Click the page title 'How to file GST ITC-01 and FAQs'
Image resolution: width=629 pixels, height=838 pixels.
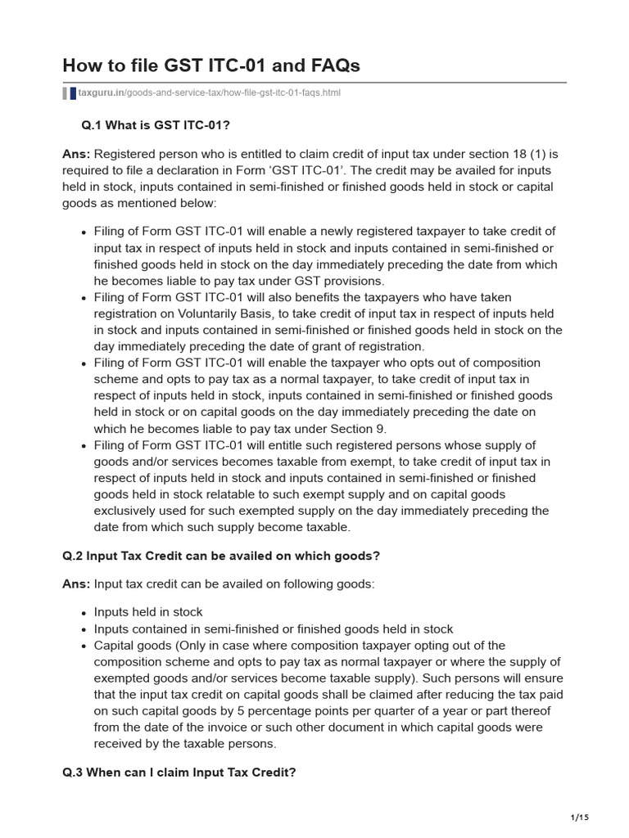coord(210,65)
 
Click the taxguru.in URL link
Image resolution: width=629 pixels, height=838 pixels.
coord(209,93)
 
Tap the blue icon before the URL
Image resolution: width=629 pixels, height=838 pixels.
coord(72,93)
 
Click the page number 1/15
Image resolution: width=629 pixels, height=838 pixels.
coord(579,817)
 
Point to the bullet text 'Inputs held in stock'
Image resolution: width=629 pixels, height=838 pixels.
coord(148,612)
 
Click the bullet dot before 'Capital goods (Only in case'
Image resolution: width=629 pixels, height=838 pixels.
coord(84,646)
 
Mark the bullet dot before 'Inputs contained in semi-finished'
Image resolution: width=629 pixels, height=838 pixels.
coord(84,629)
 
